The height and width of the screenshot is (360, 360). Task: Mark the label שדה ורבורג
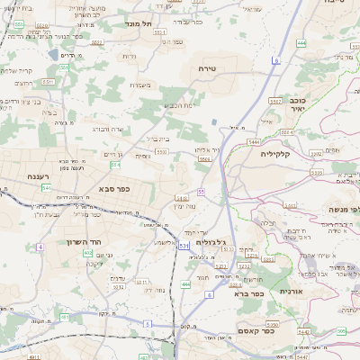pyautogui.click(x=107, y=129)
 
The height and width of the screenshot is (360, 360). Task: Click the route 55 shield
pyautogui.click(x=202, y=192)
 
